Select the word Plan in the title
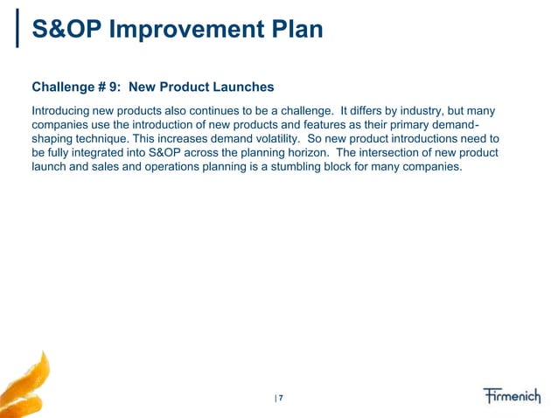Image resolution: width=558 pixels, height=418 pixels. pyautogui.click(x=292, y=31)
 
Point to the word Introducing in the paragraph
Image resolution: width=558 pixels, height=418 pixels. pyautogui.click(x=62, y=112)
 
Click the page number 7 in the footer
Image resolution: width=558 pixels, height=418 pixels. pyautogui.click(x=282, y=399)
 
